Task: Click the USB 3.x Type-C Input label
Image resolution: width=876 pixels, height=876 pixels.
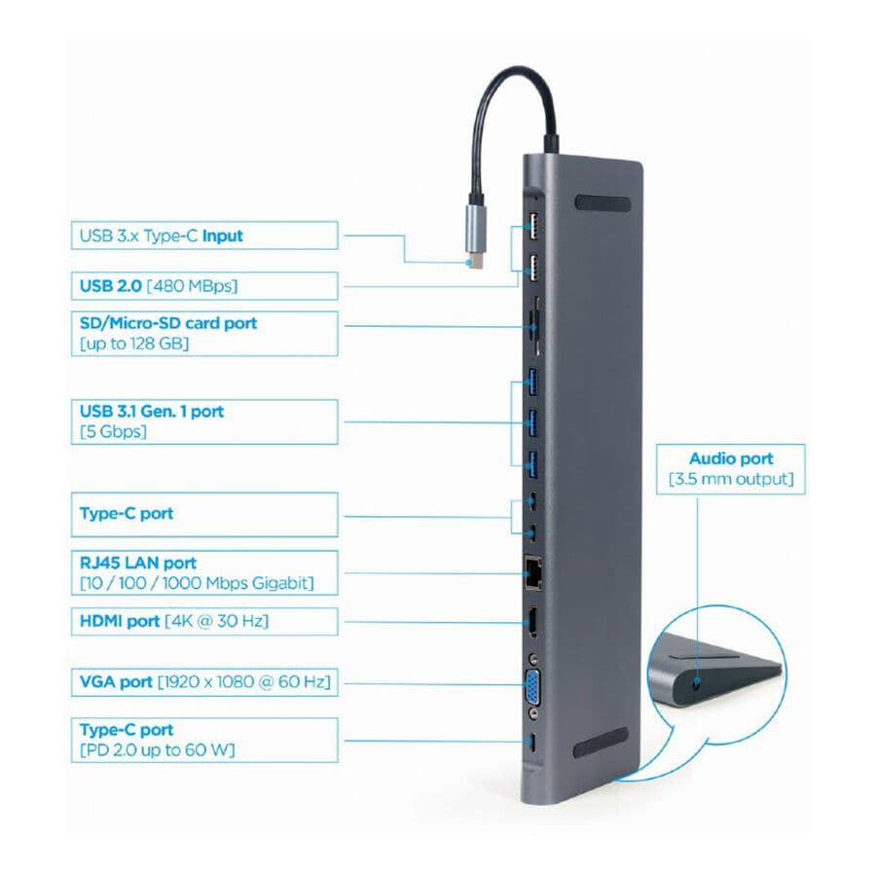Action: coord(162,236)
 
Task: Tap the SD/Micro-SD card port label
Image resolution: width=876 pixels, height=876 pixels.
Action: coord(168,322)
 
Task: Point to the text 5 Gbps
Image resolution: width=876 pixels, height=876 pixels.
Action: coord(114,431)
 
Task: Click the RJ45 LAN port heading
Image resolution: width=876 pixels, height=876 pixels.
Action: coord(138,563)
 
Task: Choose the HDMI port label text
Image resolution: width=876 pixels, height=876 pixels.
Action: coord(120,621)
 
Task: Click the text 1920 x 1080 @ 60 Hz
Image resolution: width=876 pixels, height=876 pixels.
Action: coord(243,682)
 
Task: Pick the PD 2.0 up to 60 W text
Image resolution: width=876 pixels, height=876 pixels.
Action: coord(159,749)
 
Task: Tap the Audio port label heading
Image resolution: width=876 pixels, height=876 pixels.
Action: coord(731,458)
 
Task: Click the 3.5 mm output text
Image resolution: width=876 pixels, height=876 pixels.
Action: coord(731,480)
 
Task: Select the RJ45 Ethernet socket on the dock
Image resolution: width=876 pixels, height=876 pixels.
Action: coord(534,572)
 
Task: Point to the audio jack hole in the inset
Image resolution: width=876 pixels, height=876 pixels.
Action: coord(694,683)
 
